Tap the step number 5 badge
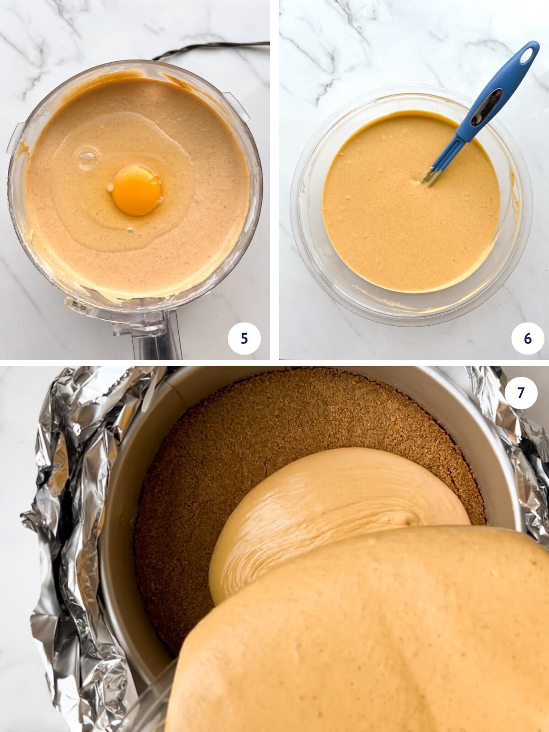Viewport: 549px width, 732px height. [x=244, y=338]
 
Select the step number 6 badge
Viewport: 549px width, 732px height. [x=527, y=339]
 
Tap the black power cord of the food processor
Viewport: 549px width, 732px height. [x=206, y=50]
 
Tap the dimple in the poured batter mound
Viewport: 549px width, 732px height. [x=407, y=517]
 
